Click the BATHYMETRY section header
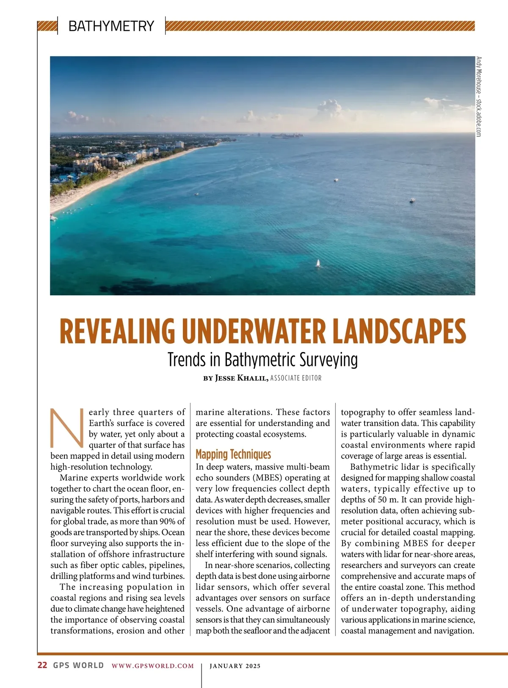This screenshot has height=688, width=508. point(111,26)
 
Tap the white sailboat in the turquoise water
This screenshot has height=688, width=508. point(318,263)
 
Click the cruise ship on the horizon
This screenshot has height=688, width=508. point(287,136)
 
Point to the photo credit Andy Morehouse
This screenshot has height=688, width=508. point(478,96)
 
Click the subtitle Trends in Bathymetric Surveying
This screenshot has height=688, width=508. point(262,360)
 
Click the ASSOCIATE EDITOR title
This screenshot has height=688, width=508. point(296,378)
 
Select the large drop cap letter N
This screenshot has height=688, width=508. point(67,428)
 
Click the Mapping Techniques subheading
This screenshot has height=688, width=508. point(233,454)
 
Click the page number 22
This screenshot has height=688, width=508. point(42,665)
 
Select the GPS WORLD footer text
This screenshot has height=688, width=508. point(78,665)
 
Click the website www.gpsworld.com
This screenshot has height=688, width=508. point(153,666)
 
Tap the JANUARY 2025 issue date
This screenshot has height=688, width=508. point(235,666)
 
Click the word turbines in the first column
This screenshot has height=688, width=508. point(168,576)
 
